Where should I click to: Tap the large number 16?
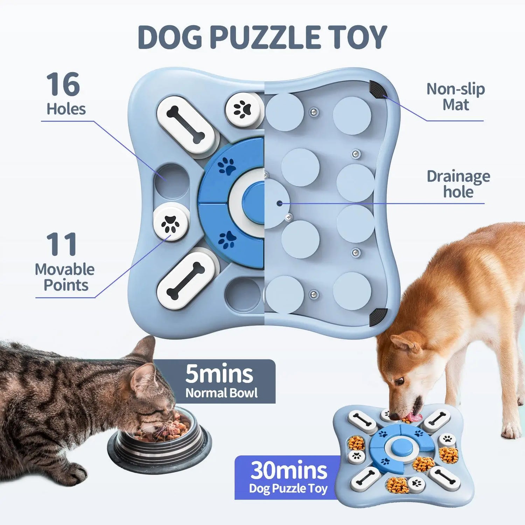[63, 84]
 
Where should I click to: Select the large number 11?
[62, 244]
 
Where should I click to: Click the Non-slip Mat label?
[455, 97]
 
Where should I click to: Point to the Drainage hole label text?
[458, 184]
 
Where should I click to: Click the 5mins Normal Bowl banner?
[220, 381]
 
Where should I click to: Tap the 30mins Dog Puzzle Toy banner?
[288, 477]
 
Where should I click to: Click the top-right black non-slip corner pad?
[378, 89]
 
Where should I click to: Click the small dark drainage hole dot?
[279, 203]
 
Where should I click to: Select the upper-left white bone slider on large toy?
[185, 125]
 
